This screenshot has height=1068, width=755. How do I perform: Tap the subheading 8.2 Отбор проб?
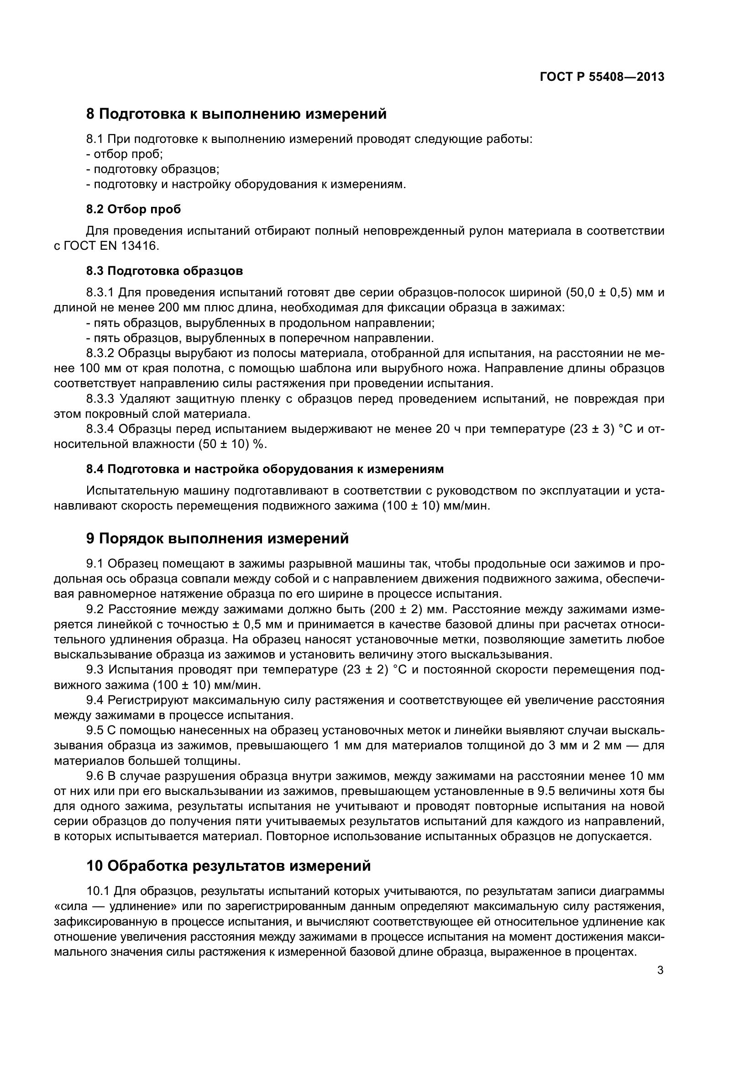coord(133,209)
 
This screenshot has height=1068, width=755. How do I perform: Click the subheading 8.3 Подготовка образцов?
coord(164,271)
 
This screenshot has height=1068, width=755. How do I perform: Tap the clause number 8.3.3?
coord(100,399)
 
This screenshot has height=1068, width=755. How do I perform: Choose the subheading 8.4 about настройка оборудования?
coord(265,469)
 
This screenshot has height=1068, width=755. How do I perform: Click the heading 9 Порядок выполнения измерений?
coord(217,539)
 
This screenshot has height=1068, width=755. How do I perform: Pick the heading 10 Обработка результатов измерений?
coord(228,866)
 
